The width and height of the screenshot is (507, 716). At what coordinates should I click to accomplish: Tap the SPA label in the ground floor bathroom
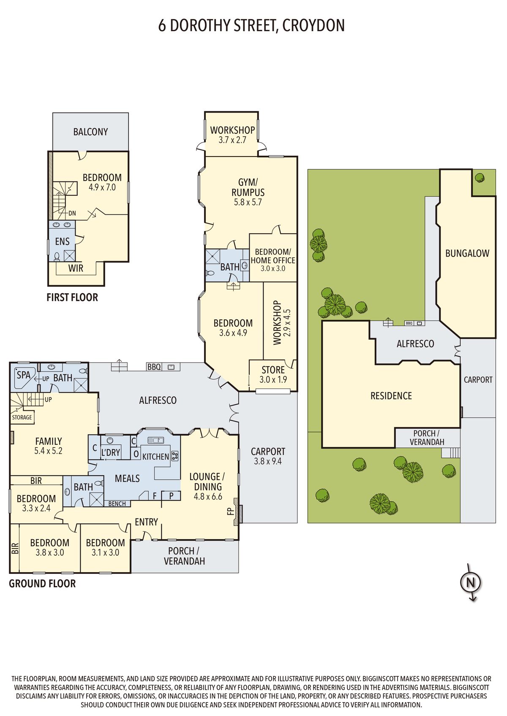coord(23,375)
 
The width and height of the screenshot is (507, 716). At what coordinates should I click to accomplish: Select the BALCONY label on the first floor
coord(90,132)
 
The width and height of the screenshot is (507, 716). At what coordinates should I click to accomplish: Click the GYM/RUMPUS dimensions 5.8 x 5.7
coord(248,202)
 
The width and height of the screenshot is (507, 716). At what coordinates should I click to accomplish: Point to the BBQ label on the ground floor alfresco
coord(154,367)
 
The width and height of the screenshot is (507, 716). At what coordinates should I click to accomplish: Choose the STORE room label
coord(273,370)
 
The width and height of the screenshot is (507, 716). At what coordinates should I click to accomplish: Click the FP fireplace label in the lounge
coord(229,511)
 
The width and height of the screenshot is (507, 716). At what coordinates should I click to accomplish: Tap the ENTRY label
coord(146,522)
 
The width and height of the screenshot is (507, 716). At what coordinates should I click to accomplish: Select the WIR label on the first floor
coord(76,268)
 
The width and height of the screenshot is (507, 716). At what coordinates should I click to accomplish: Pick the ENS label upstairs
coord(62,241)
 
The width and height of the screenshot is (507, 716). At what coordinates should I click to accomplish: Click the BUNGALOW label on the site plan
coord(467,254)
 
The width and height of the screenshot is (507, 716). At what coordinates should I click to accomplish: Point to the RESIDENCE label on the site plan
coord(391,396)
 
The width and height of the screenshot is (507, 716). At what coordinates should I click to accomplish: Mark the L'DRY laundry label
coord(110,452)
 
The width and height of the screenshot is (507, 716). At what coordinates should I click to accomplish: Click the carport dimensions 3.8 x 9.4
coord(268,461)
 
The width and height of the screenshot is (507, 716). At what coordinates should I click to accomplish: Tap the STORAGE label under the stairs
coord(22,417)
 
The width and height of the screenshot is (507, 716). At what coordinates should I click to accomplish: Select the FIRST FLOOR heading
coord(72,297)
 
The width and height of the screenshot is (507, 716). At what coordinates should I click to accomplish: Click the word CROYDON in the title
coord(313,26)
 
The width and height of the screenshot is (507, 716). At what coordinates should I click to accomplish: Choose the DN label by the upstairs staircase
coord(72,213)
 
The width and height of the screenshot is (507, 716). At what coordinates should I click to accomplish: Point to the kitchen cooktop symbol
coord(175,456)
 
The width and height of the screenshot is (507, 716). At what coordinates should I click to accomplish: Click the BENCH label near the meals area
coord(117,504)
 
